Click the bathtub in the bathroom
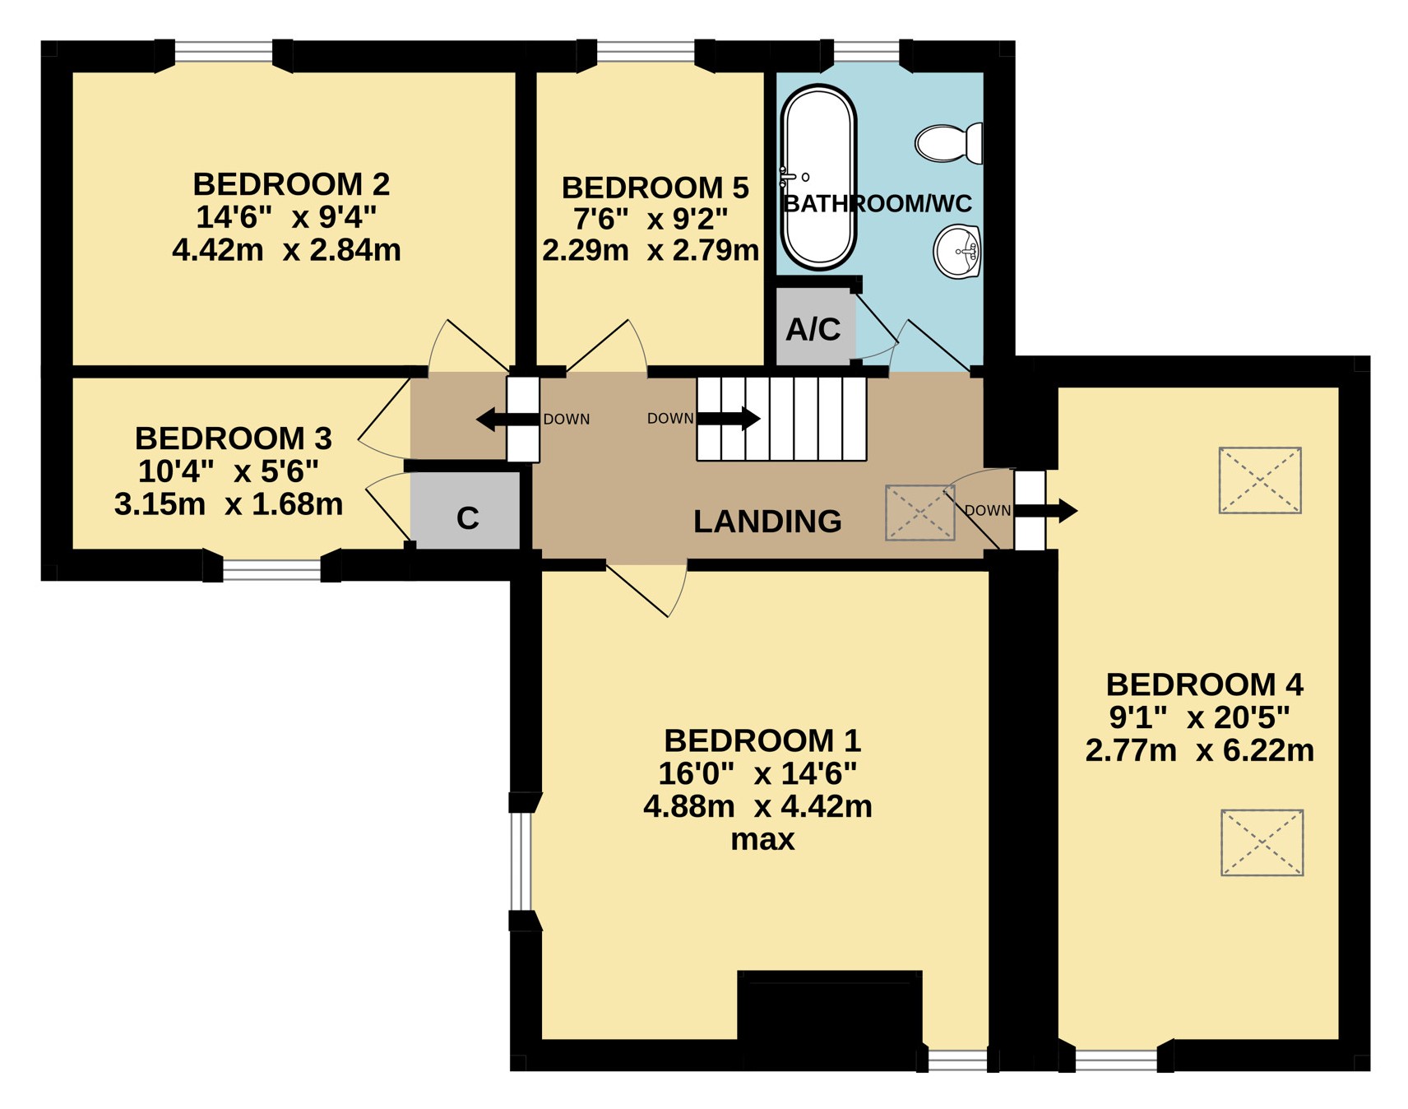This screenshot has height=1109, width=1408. (818, 178)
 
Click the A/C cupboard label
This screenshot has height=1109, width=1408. (813, 329)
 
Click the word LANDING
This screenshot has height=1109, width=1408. (767, 521)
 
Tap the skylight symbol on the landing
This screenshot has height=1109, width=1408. (919, 513)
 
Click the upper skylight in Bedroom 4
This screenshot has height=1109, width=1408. (1260, 480)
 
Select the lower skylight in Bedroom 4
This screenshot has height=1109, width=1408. (1262, 842)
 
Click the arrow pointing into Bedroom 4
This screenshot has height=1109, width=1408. (1046, 510)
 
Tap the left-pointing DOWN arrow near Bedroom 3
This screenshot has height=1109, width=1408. (507, 420)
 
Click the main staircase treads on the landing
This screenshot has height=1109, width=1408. (781, 418)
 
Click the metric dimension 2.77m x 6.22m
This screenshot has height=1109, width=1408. (1199, 750)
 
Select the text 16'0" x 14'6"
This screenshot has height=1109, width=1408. (757, 773)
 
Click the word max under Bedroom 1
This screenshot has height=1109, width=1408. (762, 840)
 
